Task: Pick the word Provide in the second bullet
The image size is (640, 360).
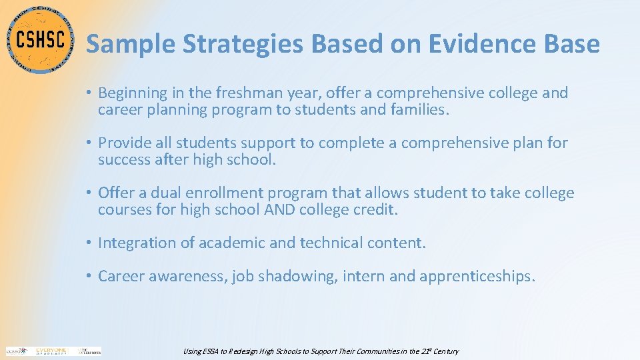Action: pos(123,143)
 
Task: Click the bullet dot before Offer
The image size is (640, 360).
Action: pos(90,193)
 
